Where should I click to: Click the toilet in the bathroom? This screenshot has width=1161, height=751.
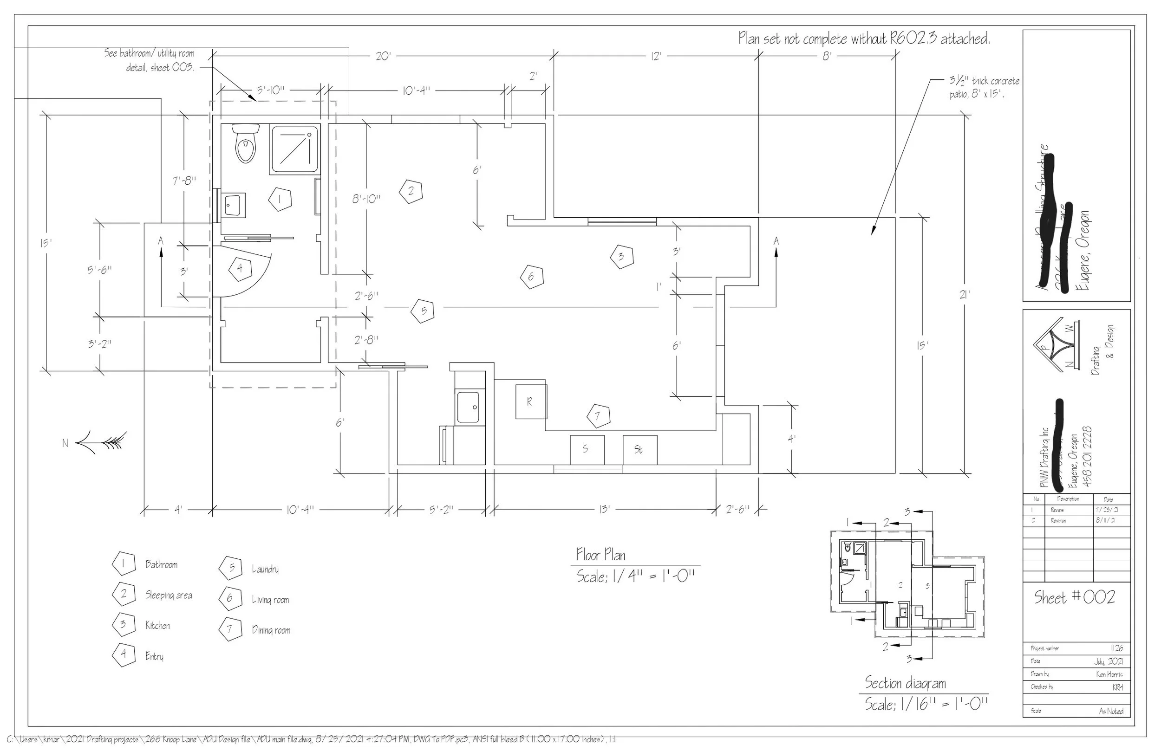[x=245, y=144]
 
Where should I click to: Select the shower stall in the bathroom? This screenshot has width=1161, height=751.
[x=294, y=150]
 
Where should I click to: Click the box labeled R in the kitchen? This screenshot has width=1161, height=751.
[x=531, y=401]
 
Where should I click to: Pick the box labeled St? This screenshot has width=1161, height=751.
[x=639, y=450]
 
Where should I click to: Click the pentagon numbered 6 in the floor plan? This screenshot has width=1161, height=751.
[x=531, y=277]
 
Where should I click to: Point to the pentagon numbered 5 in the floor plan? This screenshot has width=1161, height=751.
[x=423, y=311]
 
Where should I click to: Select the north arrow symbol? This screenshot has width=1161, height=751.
[x=100, y=442]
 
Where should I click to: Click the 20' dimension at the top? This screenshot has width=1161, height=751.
[x=383, y=57]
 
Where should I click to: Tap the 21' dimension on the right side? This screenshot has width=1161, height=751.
[x=965, y=295]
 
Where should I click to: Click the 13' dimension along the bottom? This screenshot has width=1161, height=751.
[x=604, y=510]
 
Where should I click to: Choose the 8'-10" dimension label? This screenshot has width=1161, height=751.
[x=366, y=199]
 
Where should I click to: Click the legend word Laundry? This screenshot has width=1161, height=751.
[x=265, y=569]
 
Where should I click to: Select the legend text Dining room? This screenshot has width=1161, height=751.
[x=271, y=630]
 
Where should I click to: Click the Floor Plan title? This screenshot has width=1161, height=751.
[x=600, y=555]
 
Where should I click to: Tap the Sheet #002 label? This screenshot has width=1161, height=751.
[x=1075, y=597]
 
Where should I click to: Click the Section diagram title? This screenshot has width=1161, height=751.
[x=905, y=683]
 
